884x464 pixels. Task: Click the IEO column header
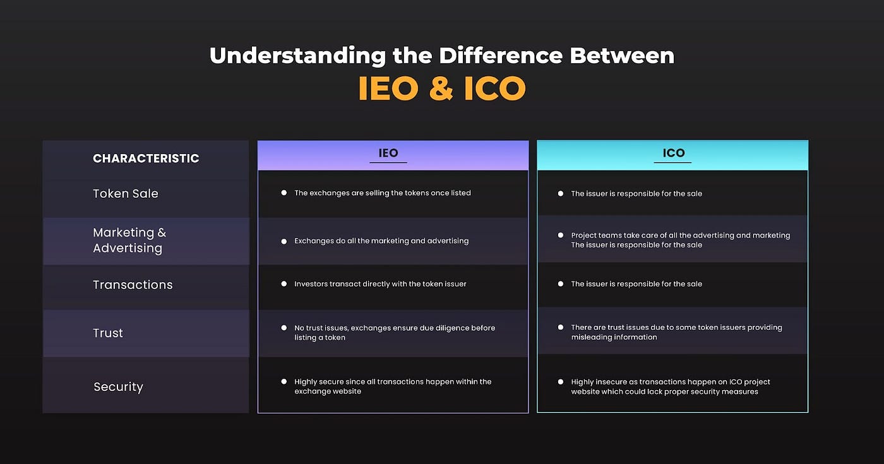(388, 153)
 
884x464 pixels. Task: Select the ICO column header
(673, 153)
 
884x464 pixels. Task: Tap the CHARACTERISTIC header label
(146, 158)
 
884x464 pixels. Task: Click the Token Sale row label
(126, 194)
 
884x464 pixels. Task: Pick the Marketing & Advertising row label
(129, 241)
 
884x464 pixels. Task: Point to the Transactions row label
(133, 285)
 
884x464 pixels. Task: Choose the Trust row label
(108, 333)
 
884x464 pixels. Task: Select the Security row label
(118, 387)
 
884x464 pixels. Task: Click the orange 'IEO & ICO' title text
(441, 89)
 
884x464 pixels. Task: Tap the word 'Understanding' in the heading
(297, 56)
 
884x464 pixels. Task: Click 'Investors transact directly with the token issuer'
(380, 284)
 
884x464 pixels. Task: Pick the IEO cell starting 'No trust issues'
(394, 333)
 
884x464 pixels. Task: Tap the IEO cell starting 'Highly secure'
(392, 386)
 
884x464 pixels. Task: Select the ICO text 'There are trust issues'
(676, 332)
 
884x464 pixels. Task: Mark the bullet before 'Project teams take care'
(561, 235)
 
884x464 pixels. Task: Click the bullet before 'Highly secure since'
(284, 381)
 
